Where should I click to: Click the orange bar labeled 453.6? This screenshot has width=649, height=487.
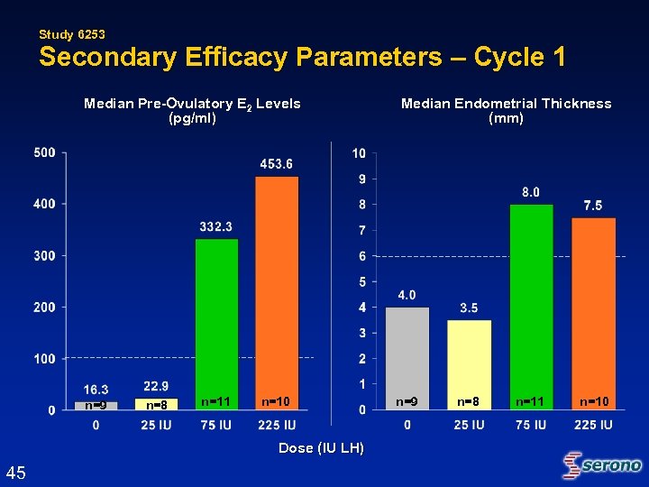point(277,289)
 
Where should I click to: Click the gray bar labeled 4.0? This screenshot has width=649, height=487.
point(407,352)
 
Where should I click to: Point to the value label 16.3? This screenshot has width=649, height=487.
point(96,390)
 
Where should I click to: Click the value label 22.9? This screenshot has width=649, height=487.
point(156,386)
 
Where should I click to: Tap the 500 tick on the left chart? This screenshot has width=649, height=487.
point(44,153)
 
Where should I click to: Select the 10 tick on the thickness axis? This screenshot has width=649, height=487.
point(359,153)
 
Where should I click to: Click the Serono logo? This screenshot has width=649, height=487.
point(602,465)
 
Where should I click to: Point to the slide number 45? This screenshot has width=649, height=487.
point(15,473)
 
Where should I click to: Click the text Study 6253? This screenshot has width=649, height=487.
point(72,34)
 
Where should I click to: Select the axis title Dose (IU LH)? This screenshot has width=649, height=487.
point(322,448)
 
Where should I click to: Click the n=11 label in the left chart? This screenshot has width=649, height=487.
point(216,400)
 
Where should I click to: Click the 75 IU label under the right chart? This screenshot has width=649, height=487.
point(531,425)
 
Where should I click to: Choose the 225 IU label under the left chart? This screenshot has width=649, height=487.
point(277,425)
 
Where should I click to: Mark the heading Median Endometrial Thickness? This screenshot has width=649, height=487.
point(506,104)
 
